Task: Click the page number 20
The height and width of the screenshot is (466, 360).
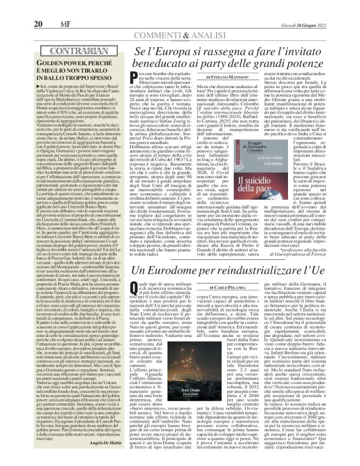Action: [14, 7]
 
